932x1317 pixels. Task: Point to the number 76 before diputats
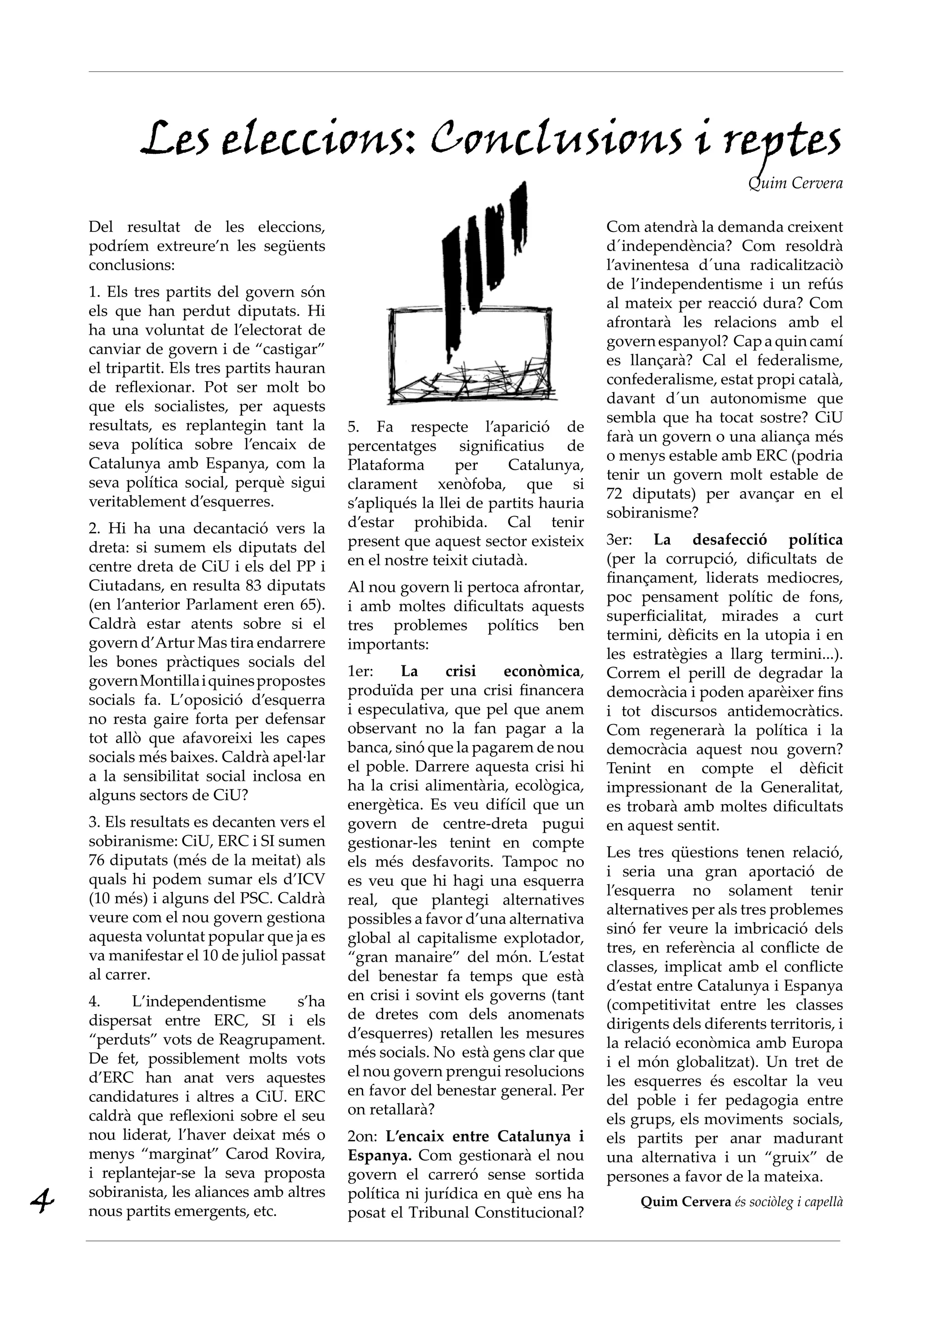click(100, 860)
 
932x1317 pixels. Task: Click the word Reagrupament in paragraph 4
click(275, 1040)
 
